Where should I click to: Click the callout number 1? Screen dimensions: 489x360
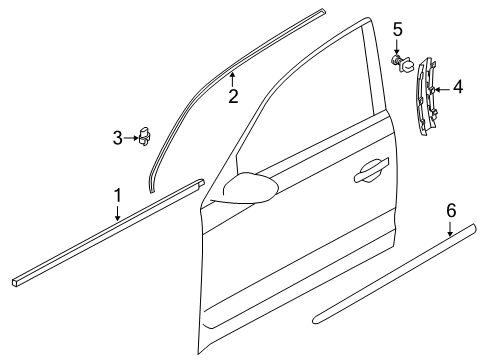117,196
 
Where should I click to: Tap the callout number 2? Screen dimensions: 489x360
233,96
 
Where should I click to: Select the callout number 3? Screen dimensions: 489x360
117,138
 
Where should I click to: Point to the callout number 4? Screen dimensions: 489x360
458,87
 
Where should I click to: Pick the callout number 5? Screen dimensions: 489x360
397,29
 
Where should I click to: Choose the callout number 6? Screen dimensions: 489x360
451,211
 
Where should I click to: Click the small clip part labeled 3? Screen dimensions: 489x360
145,136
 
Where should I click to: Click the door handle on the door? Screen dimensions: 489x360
371,170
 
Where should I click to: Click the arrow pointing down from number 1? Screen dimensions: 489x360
117,213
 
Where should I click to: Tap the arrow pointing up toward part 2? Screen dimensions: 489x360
233,80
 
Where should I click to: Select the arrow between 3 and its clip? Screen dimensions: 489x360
131,138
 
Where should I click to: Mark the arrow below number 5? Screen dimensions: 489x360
397,47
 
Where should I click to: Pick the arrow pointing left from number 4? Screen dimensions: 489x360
442,89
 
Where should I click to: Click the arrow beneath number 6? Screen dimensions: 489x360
450,228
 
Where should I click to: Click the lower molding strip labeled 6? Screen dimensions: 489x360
394,274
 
